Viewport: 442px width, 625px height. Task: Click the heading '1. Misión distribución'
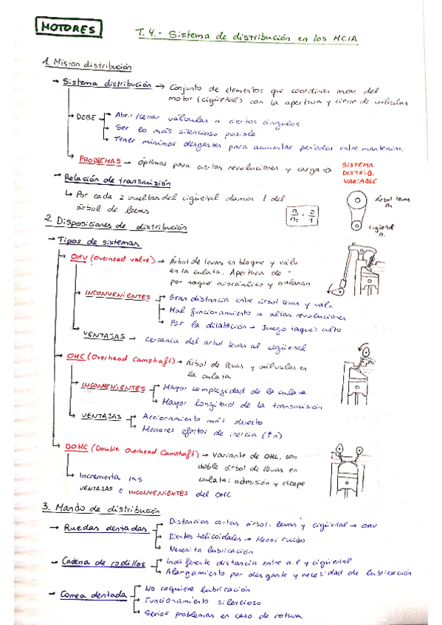89,66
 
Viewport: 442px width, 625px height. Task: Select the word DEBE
87,116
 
